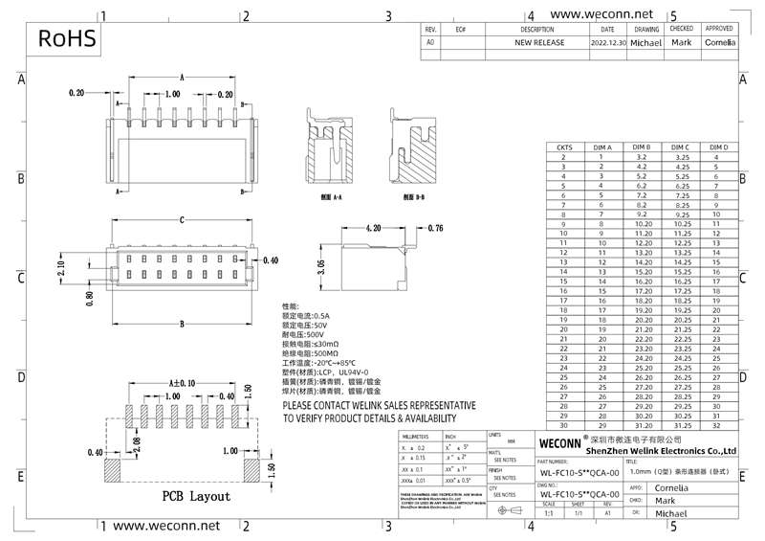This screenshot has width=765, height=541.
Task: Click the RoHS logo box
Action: click(x=67, y=38)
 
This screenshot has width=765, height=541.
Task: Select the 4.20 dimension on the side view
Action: click(x=373, y=229)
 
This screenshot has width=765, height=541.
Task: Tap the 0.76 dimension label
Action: click(x=434, y=228)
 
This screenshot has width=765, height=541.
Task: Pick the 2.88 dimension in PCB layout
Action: click(x=137, y=442)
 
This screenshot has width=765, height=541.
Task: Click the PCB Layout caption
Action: click(x=196, y=497)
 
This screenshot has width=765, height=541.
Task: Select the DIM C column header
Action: click(x=682, y=147)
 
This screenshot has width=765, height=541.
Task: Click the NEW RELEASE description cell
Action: click(x=539, y=43)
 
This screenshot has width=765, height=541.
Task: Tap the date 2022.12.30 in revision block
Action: click(x=608, y=43)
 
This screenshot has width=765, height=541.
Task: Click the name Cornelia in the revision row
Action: click(x=720, y=43)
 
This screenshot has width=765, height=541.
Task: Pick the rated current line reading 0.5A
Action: click(x=305, y=315)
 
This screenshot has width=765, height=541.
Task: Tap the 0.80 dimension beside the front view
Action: click(x=90, y=297)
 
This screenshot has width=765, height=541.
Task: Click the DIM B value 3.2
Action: click(x=642, y=155)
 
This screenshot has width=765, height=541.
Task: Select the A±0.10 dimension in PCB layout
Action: click(x=182, y=382)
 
